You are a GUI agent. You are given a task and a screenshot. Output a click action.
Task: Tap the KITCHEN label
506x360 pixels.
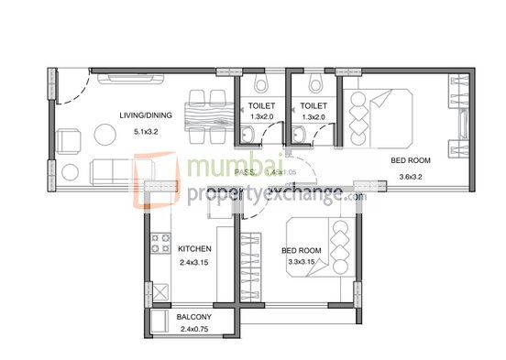[194, 248]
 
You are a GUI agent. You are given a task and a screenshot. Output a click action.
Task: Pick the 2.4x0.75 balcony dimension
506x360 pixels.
[194, 328]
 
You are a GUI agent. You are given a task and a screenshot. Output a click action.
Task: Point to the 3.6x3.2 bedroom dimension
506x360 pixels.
[410, 176]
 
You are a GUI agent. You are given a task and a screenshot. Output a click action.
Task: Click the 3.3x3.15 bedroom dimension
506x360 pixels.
[302, 261]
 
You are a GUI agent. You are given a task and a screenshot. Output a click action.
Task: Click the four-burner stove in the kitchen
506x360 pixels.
[161, 245]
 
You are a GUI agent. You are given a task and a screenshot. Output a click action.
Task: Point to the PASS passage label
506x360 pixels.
[244, 171]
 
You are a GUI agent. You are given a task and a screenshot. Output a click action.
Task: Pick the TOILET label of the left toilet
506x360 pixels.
[261, 106]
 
